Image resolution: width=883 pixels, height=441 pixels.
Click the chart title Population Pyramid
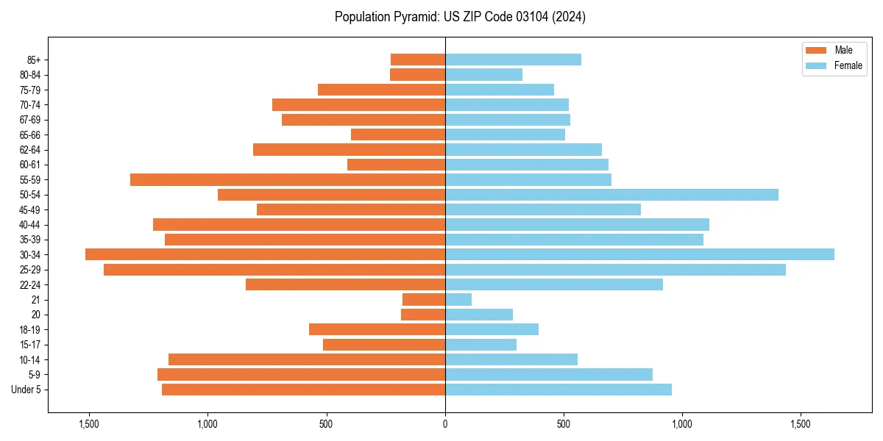[x=460, y=17]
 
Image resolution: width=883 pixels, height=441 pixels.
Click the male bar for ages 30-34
[x=265, y=254]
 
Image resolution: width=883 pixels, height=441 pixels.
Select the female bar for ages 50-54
[x=611, y=195]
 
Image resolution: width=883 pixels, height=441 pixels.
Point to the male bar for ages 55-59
[x=288, y=179]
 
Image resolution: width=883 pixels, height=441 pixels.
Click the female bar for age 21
[x=458, y=299]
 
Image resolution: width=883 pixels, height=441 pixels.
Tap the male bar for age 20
[x=423, y=315]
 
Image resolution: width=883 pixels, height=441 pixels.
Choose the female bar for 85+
[x=513, y=60]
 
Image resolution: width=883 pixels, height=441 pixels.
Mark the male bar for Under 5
[x=303, y=390]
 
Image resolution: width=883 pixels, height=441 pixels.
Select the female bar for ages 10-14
[x=511, y=359]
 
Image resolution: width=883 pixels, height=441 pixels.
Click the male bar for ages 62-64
[x=349, y=149]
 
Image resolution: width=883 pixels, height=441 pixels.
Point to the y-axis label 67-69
[x=30, y=120]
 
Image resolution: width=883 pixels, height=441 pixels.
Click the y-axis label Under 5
[x=26, y=390]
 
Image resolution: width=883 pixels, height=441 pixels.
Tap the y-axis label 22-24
[x=30, y=284]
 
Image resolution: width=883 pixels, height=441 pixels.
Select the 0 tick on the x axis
[x=445, y=424]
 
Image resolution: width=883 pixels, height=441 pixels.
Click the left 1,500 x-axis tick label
[x=88, y=424]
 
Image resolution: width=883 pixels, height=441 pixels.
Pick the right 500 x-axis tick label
[x=564, y=424]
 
